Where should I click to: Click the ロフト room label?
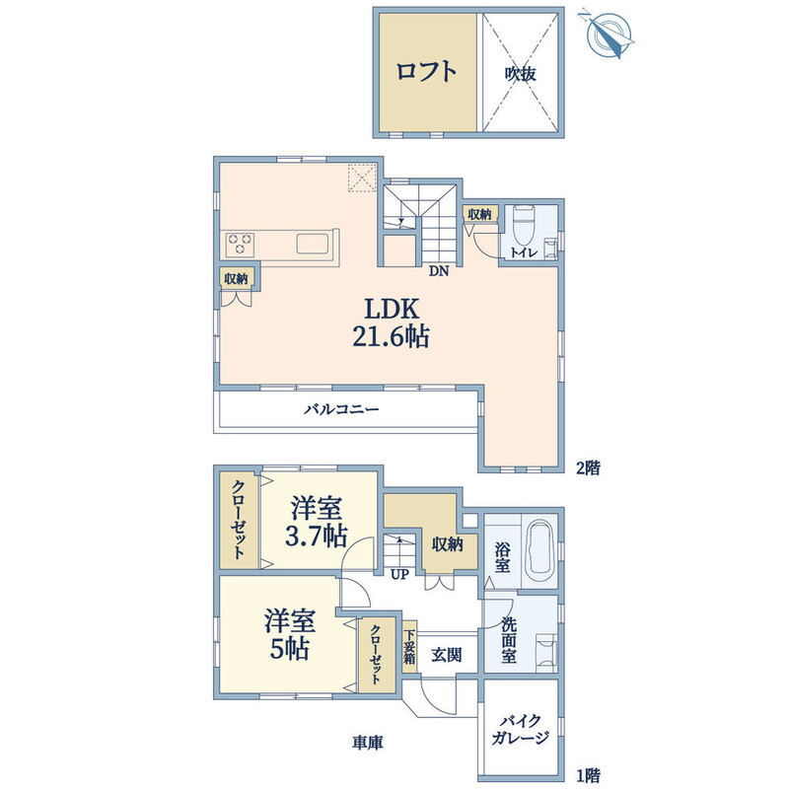(x=426, y=71)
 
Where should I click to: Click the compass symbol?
(x=607, y=32)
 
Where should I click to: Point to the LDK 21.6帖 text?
(x=390, y=320)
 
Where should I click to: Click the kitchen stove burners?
(x=241, y=243)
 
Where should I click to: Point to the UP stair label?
(x=399, y=574)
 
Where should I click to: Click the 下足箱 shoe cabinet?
(x=409, y=652)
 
